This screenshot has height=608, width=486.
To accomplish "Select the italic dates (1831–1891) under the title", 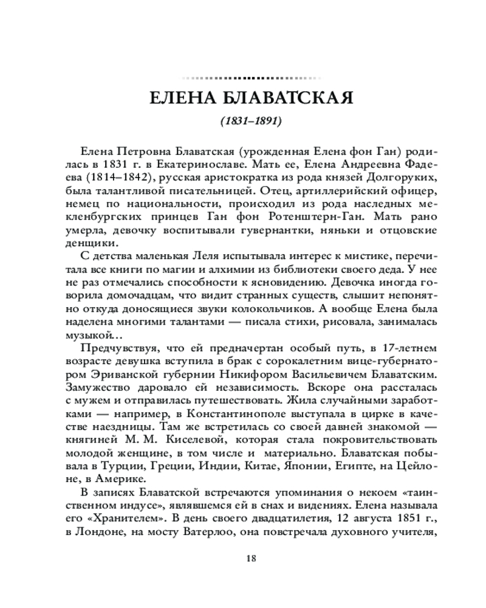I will pyautogui.click(x=244, y=122).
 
